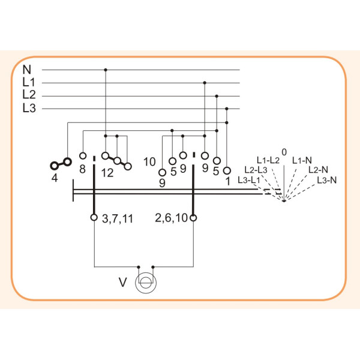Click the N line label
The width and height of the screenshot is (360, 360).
pyautogui.click(x=27, y=70)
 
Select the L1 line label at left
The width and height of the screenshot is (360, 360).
pyautogui.click(x=29, y=82)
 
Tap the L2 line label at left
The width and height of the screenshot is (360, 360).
pyautogui.click(x=29, y=95)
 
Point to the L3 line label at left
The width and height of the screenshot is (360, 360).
pyautogui.click(x=29, y=108)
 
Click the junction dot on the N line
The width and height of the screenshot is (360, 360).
pyautogui.click(x=106, y=70)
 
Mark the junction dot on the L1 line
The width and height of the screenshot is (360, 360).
pyautogui.click(x=205, y=83)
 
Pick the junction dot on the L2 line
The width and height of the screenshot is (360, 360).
pyautogui.click(x=217, y=96)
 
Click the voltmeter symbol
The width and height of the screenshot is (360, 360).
pyautogui.click(x=146, y=283)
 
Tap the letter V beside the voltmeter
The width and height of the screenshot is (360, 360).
pyautogui.click(x=123, y=282)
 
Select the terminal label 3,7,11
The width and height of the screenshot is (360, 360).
pyautogui.click(x=118, y=219)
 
